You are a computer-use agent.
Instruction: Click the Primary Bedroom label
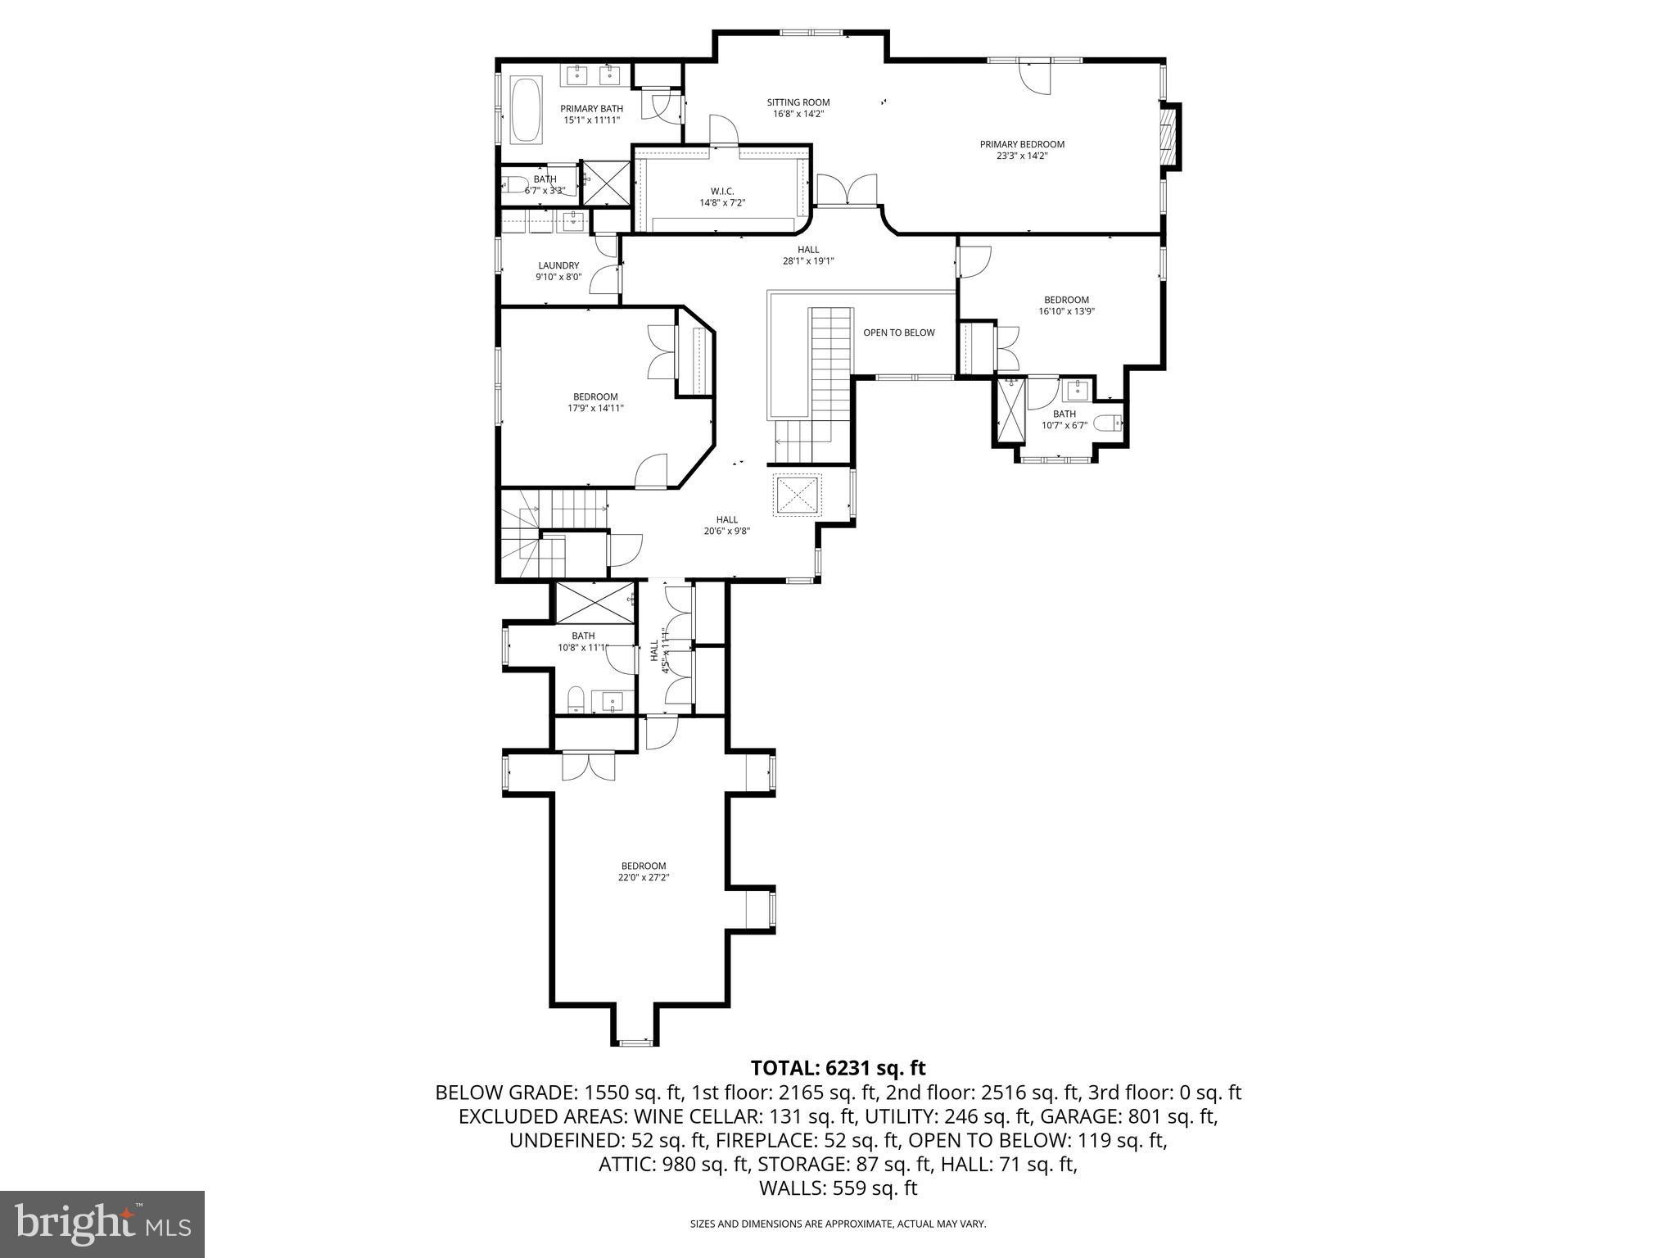[1022, 144]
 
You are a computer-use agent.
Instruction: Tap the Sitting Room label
[798, 102]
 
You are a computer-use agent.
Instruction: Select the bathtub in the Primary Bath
[526, 111]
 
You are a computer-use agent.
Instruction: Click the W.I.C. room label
[722, 191]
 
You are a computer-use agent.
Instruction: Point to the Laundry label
[558, 265]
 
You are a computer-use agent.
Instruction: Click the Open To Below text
[898, 333]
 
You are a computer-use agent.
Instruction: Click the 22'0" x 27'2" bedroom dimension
[644, 877]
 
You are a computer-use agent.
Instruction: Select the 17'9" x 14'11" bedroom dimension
[595, 408]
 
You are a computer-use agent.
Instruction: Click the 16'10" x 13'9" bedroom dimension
[1066, 311]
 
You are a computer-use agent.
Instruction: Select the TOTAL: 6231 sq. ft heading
[838, 1068]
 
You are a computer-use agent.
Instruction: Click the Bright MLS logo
[102, 1224]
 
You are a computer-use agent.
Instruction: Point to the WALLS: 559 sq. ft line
[838, 1188]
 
